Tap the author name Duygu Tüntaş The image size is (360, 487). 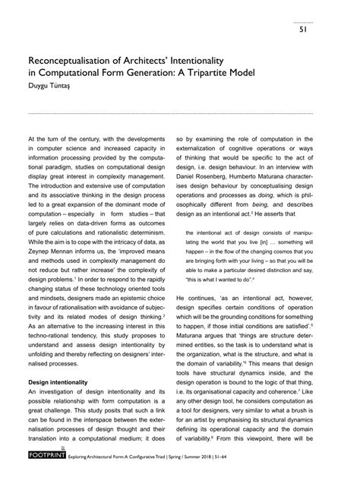(x=52, y=87)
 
